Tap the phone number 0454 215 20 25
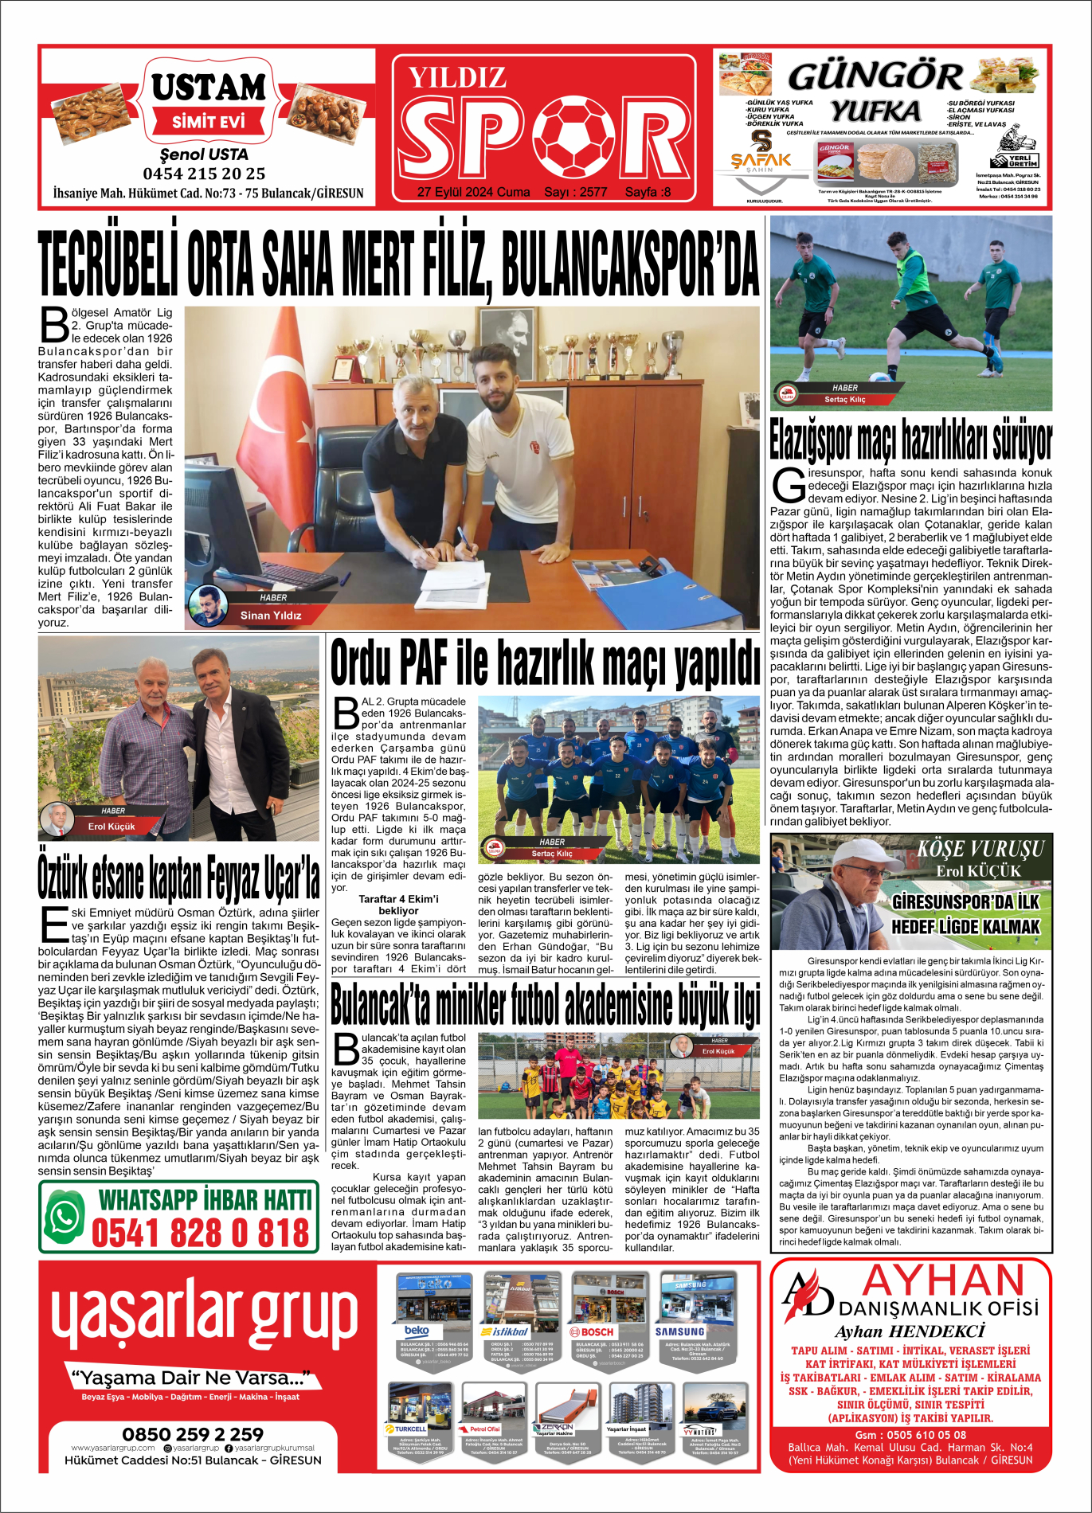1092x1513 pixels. [x=204, y=174]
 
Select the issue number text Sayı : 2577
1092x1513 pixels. [x=575, y=192]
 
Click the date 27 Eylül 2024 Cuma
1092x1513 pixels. [x=473, y=192]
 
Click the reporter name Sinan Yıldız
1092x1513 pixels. [x=271, y=615]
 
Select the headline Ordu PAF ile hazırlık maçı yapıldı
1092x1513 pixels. [x=546, y=663]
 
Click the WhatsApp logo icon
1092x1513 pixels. [x=64, y=1218]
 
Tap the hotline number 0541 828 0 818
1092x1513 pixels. [x=200, y=1233]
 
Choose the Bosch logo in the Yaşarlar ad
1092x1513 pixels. [x=592, y=1331]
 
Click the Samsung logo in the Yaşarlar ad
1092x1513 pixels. [x=679, y=1331]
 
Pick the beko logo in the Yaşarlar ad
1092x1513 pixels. [x=417, y=1331]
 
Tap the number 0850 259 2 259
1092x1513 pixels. [x=193, y=1434]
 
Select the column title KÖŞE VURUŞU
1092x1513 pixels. [x=980, y=849]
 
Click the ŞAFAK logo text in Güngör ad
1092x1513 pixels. [x=761, y=159]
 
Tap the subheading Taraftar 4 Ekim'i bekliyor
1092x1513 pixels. [x=398, y=905]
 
